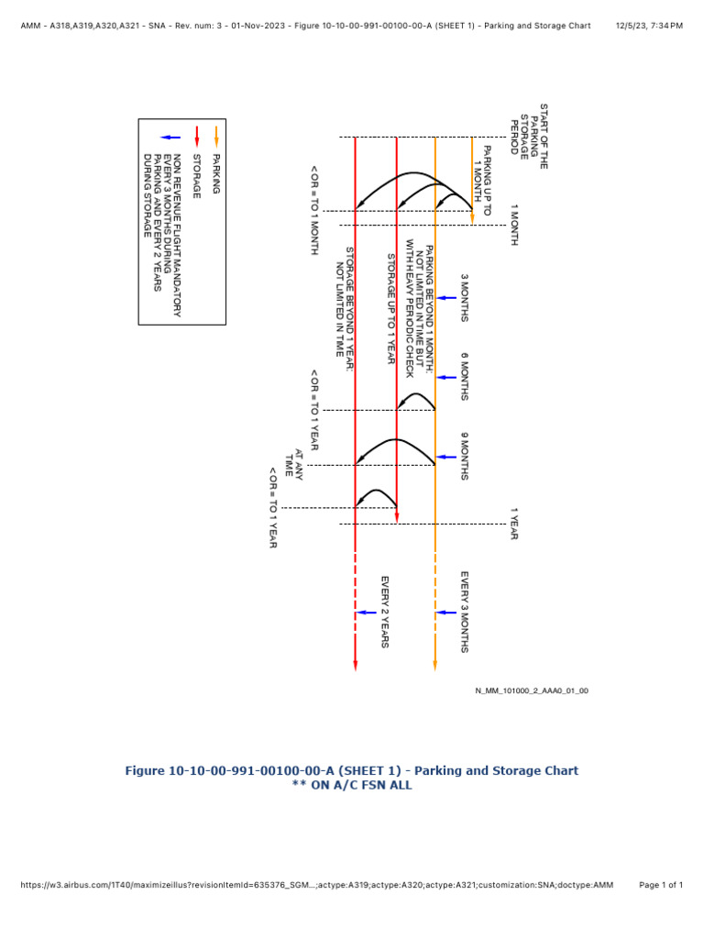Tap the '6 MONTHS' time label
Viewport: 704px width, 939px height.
(464, 377)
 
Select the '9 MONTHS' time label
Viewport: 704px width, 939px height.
(464, 457)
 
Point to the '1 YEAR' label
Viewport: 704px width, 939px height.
(514, 524)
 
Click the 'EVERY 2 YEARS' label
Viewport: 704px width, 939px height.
(386, 612)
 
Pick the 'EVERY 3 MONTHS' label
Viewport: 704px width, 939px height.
(465, 612)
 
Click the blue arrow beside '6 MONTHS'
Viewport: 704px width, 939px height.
(446, 377)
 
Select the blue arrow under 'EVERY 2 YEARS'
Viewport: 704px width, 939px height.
(366, 612)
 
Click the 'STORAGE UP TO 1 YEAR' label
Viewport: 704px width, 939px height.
(390, 308)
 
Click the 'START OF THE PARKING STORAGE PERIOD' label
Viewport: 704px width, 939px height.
(529, 136)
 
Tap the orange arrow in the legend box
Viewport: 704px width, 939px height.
(216, 138)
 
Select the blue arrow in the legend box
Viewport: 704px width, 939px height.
(175, 138)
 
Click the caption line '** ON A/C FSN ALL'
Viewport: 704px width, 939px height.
(351, 785)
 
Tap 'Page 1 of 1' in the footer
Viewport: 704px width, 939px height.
(660, 885)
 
